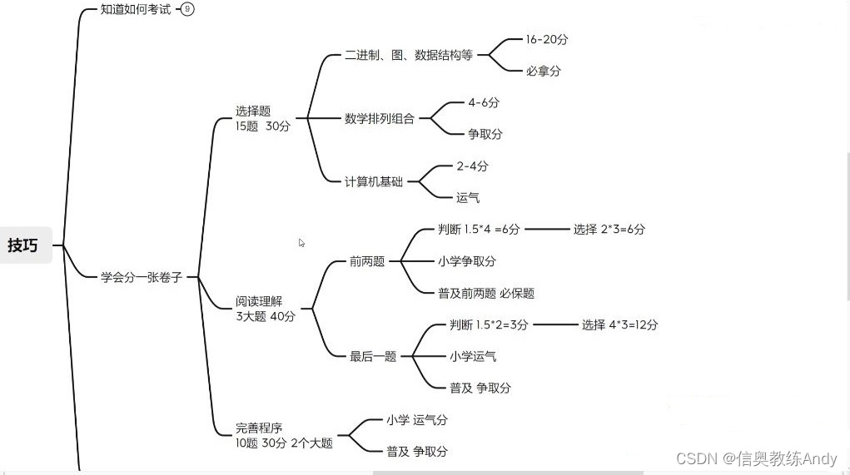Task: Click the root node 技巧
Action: pyautogui.click(x=23, y=245)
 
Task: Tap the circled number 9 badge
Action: pyautogui.click(x=187, y=10)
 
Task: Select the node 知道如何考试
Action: pyautogui.click(x=135, y=10)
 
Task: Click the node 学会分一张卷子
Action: pyautogui.click(x=141, y=277)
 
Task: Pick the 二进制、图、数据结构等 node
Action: pyautogui.click(x=408, y=55)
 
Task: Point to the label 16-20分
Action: pyautogui.click(x=546, y=39)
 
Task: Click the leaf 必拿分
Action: pyautogui.click(x=543, y=71)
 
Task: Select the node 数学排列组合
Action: pyautogui.click(x=379, y=118)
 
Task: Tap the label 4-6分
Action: pyautogui.click(x=483, y=102)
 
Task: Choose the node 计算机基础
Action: pyautogui.click(x=373, y=181)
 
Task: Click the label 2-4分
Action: pyautogui.click(x=471, y=166)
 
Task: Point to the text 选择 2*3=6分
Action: pyautogui.click(x=609, y=229)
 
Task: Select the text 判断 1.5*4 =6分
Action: pyautogui.click(x=479, y=229)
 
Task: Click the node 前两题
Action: pyautogui.click(x=367, y=261)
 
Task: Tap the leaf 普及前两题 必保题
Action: pyautogui.click(x=486, y=293)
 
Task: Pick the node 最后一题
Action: pyautogui.click(x=373, y=356)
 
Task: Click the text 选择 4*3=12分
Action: pyautogui.click(x=619, y=324)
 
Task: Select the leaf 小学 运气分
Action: pyautogui.click(x=416, y=419)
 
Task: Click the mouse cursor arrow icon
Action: pyautogui.click(x=301, y=243)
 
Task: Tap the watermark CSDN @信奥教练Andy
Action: pyautogui.click(x=756, y=458)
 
